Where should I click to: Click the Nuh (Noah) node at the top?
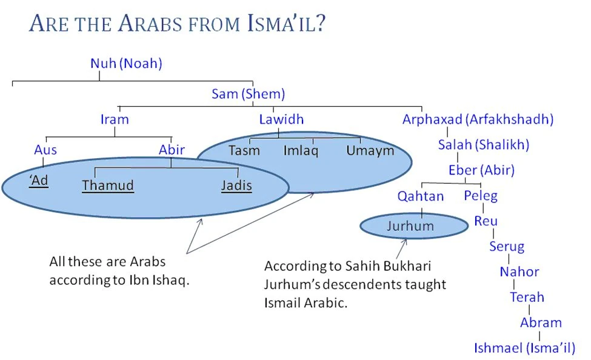pyautogui.click(x=126, y=63)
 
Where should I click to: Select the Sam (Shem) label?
pyautogui.click(x=248, y=94)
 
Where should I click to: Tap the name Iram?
pyautogui.click(x=115, y=119)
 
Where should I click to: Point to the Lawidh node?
pyautogui.click(x=281, y=119)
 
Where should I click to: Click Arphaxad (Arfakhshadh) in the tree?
pyautogui.click(x=478, y=119)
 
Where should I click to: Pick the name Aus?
pyautogui.click(x=45, y=150)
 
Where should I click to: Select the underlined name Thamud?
pyautogui.click(x=108, y=185)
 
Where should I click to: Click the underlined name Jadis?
pyautogui.click(x=236, y=185)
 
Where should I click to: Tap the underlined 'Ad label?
pyautogui.click(x=39, y=181)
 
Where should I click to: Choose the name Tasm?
pyautogui.click(x=244, y=151)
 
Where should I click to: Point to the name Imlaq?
pyautogui.click(x=301, y=151)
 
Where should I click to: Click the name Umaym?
pyautogui.click(x=370, y=151)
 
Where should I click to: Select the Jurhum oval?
pyautogui.click(x=414, y=226)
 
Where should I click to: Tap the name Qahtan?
pyautogui.click(x=421, y=196)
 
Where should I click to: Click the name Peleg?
pyautogui.click(x=481, y=196)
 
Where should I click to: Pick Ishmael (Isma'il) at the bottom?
pyautogui.click(x=525, y=348)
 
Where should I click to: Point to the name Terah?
pyautogui.click(x=527, y=298)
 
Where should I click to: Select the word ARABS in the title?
pyautogui.click(x=150, y=24)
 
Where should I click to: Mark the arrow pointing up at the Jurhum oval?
pyautogui.click(x=401, y=249)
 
